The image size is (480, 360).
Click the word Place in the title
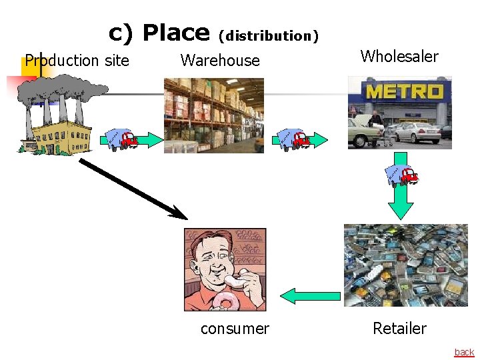click(176, 33)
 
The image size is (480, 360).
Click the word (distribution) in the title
click(269, 36)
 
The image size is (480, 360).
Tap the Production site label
click(77, 61)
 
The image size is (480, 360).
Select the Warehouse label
click(220, 61)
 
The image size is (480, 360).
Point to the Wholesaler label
click(399, 57)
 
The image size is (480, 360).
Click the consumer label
click(235, 329)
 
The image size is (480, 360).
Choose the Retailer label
click(399, 329)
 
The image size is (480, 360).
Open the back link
click(464, 352)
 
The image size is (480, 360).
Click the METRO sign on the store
click(405, 91)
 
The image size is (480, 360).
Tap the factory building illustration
click(57, 133)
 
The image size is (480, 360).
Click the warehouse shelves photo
click(214, 115)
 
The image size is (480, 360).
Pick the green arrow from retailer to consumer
click(309, 295)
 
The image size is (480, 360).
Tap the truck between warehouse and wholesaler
click(292, 139)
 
